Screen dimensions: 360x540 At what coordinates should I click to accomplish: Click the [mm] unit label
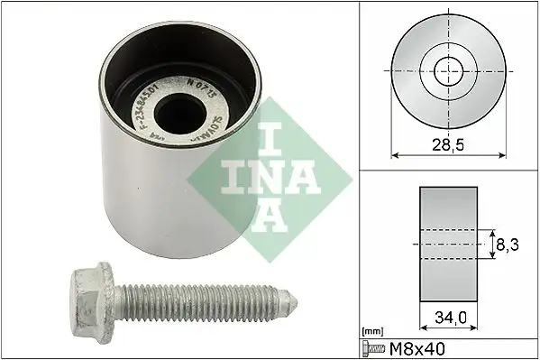[x=372, y=331]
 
